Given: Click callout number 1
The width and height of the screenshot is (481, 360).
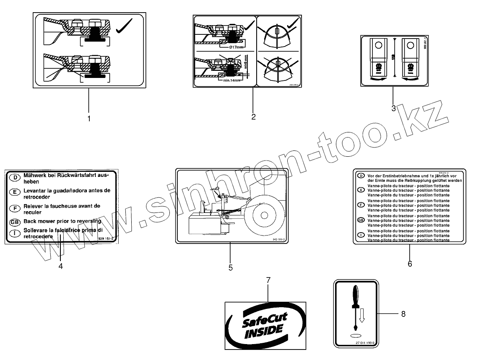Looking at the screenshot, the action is point(89,118).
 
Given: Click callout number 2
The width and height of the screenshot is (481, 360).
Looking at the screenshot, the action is point(253,117).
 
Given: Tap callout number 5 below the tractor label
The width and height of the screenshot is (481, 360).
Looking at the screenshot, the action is point(231,267).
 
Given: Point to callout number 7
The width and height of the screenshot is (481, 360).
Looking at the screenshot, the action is point(268,280).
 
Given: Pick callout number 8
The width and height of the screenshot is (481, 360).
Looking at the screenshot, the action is point(403,313).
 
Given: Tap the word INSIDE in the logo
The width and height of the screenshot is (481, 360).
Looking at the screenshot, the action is point(264,330).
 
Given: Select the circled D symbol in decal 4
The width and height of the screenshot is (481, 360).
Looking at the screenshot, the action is point(14,178).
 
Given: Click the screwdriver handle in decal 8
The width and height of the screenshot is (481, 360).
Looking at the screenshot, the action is point(356,296).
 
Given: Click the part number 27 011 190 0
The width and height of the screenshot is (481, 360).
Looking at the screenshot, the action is point(367,343).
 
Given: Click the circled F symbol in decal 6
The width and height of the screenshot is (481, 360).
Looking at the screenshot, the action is point(360,205).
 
